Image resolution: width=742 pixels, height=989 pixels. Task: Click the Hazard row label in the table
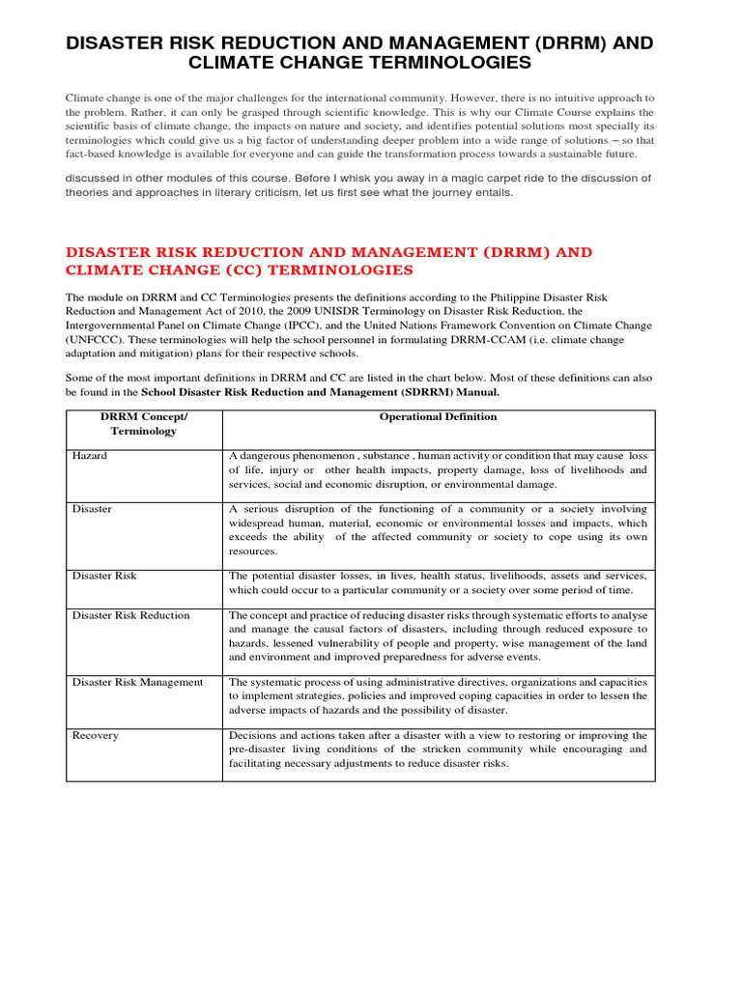click(90, 456)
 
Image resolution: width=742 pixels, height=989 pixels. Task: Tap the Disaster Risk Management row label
click(138, 682)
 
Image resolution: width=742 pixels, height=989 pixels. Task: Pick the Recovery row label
click(96, 735)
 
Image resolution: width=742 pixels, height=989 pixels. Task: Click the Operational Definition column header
click(438, 417)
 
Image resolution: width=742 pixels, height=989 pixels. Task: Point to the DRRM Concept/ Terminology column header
click(143, 424)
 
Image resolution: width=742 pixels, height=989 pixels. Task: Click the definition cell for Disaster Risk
click(438, 582)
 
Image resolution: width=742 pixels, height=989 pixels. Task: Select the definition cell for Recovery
click(438, 749)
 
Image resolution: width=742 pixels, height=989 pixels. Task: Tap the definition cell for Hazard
click(438, 470)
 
